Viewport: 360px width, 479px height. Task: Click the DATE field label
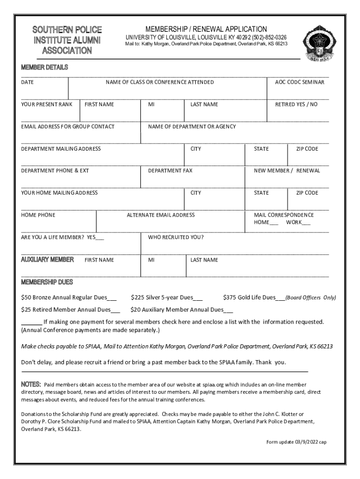coord(28,82)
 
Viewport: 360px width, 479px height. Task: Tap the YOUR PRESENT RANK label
coord(47,104)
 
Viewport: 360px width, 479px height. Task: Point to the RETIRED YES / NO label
coord(296,104)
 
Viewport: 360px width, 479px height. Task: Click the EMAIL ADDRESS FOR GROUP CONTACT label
coord(68,127)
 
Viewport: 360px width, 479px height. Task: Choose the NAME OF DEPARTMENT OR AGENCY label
coord(192,127)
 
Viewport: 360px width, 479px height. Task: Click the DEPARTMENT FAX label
coord(170,171)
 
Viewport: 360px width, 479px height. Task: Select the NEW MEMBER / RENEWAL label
coord(287,171)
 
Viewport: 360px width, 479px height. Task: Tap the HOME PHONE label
coord(38,215)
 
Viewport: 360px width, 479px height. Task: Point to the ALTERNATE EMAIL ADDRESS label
coord(161,215)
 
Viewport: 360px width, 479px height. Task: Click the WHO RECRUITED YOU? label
coord(176,237)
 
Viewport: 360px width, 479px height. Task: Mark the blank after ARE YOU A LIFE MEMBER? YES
coord(100,238)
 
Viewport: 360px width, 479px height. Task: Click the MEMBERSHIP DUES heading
coord(47,282)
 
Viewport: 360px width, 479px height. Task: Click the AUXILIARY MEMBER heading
coord(47,260)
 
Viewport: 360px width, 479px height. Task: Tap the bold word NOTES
coord(31,384)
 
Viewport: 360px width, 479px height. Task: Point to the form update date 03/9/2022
coord(304,442)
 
